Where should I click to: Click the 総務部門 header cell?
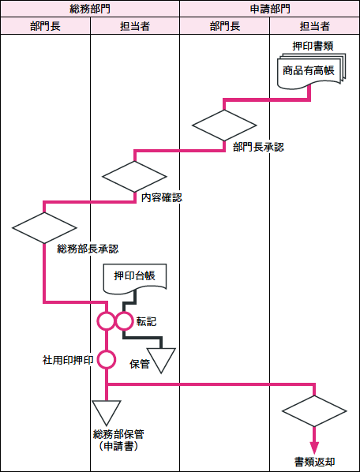[90, 9]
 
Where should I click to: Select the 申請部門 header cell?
[270, 9]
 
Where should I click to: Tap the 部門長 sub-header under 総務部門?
[45, 26]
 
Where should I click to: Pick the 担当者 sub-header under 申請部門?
[314, 26]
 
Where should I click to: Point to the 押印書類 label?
[313, 47]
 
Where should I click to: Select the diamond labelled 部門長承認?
[224, 125]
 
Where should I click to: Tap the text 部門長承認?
[259, 148]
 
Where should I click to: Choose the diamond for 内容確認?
[134, 176]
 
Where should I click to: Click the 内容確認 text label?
[162, 198]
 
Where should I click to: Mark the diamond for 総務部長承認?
[44, 228]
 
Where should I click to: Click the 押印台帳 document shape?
[135, 279]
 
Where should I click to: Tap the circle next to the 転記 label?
[124, 321]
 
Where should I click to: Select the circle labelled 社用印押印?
[107, 359]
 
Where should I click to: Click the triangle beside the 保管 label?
[161, 361]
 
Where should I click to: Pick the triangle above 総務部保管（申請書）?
[107, 413]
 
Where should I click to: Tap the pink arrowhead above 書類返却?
[314, 448]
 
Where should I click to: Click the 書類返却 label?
[314, 461]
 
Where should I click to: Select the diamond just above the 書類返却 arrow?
[314, 411]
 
